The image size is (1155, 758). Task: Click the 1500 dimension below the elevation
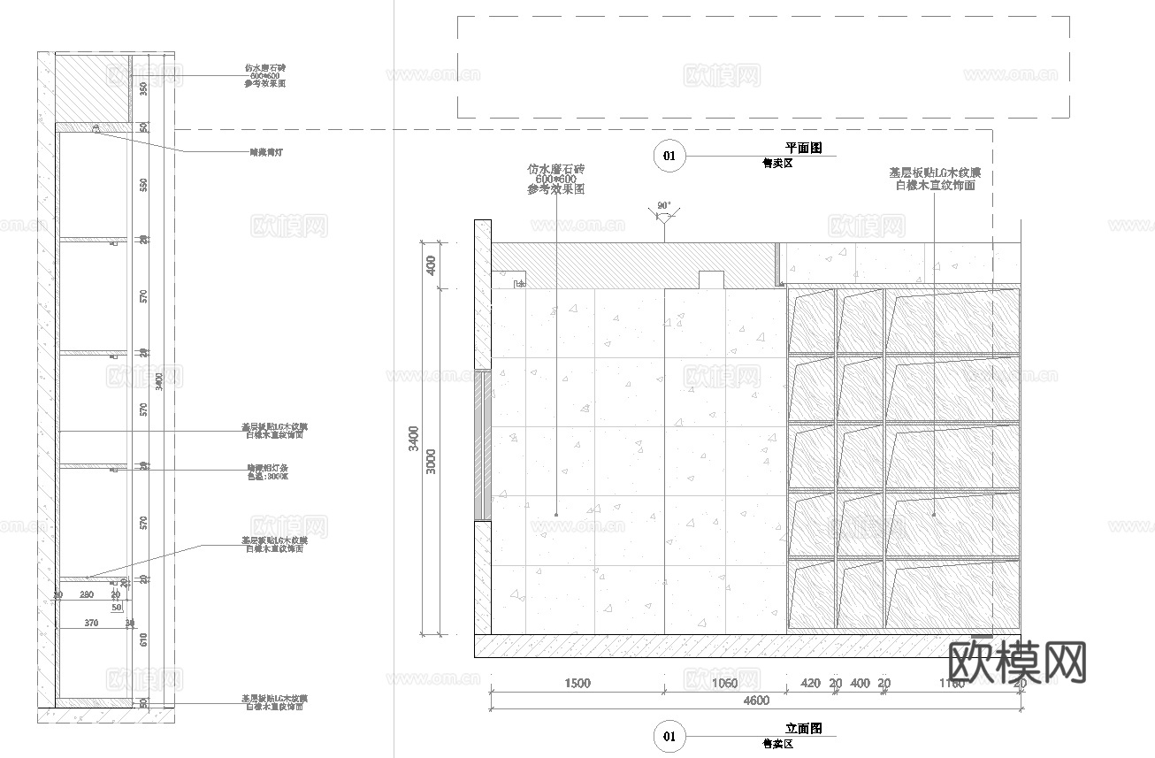tap(577, 683)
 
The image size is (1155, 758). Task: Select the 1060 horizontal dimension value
tap(723, 683)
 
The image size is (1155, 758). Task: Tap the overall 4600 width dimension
tap(756, 701)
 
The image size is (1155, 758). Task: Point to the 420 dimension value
tap(810, 683)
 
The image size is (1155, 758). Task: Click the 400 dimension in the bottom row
tap(860, 683)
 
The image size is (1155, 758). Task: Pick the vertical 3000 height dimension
tap(431, 461)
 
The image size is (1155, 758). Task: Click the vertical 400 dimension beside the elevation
tap(431, 265)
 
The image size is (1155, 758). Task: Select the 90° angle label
tap(663, 205)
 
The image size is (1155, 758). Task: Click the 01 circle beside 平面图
tap(669, 157)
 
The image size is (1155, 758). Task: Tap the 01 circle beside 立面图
tap(669, 736)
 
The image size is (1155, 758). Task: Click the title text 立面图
tap(804, 729)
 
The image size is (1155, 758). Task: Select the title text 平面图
tap(804, 149)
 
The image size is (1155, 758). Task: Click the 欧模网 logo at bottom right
tap(1016, 661)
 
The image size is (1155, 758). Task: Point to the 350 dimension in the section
tap(143, 88)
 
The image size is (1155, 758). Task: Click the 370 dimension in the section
tap(91, 624)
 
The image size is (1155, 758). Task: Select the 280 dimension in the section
tap(87, 595)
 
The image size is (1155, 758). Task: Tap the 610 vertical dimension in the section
tap(143, 639)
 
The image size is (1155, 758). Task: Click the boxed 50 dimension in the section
tap(117, 608)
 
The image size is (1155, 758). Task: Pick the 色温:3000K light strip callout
tap(267, 477)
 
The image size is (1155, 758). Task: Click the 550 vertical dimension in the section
tap(143, 184)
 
